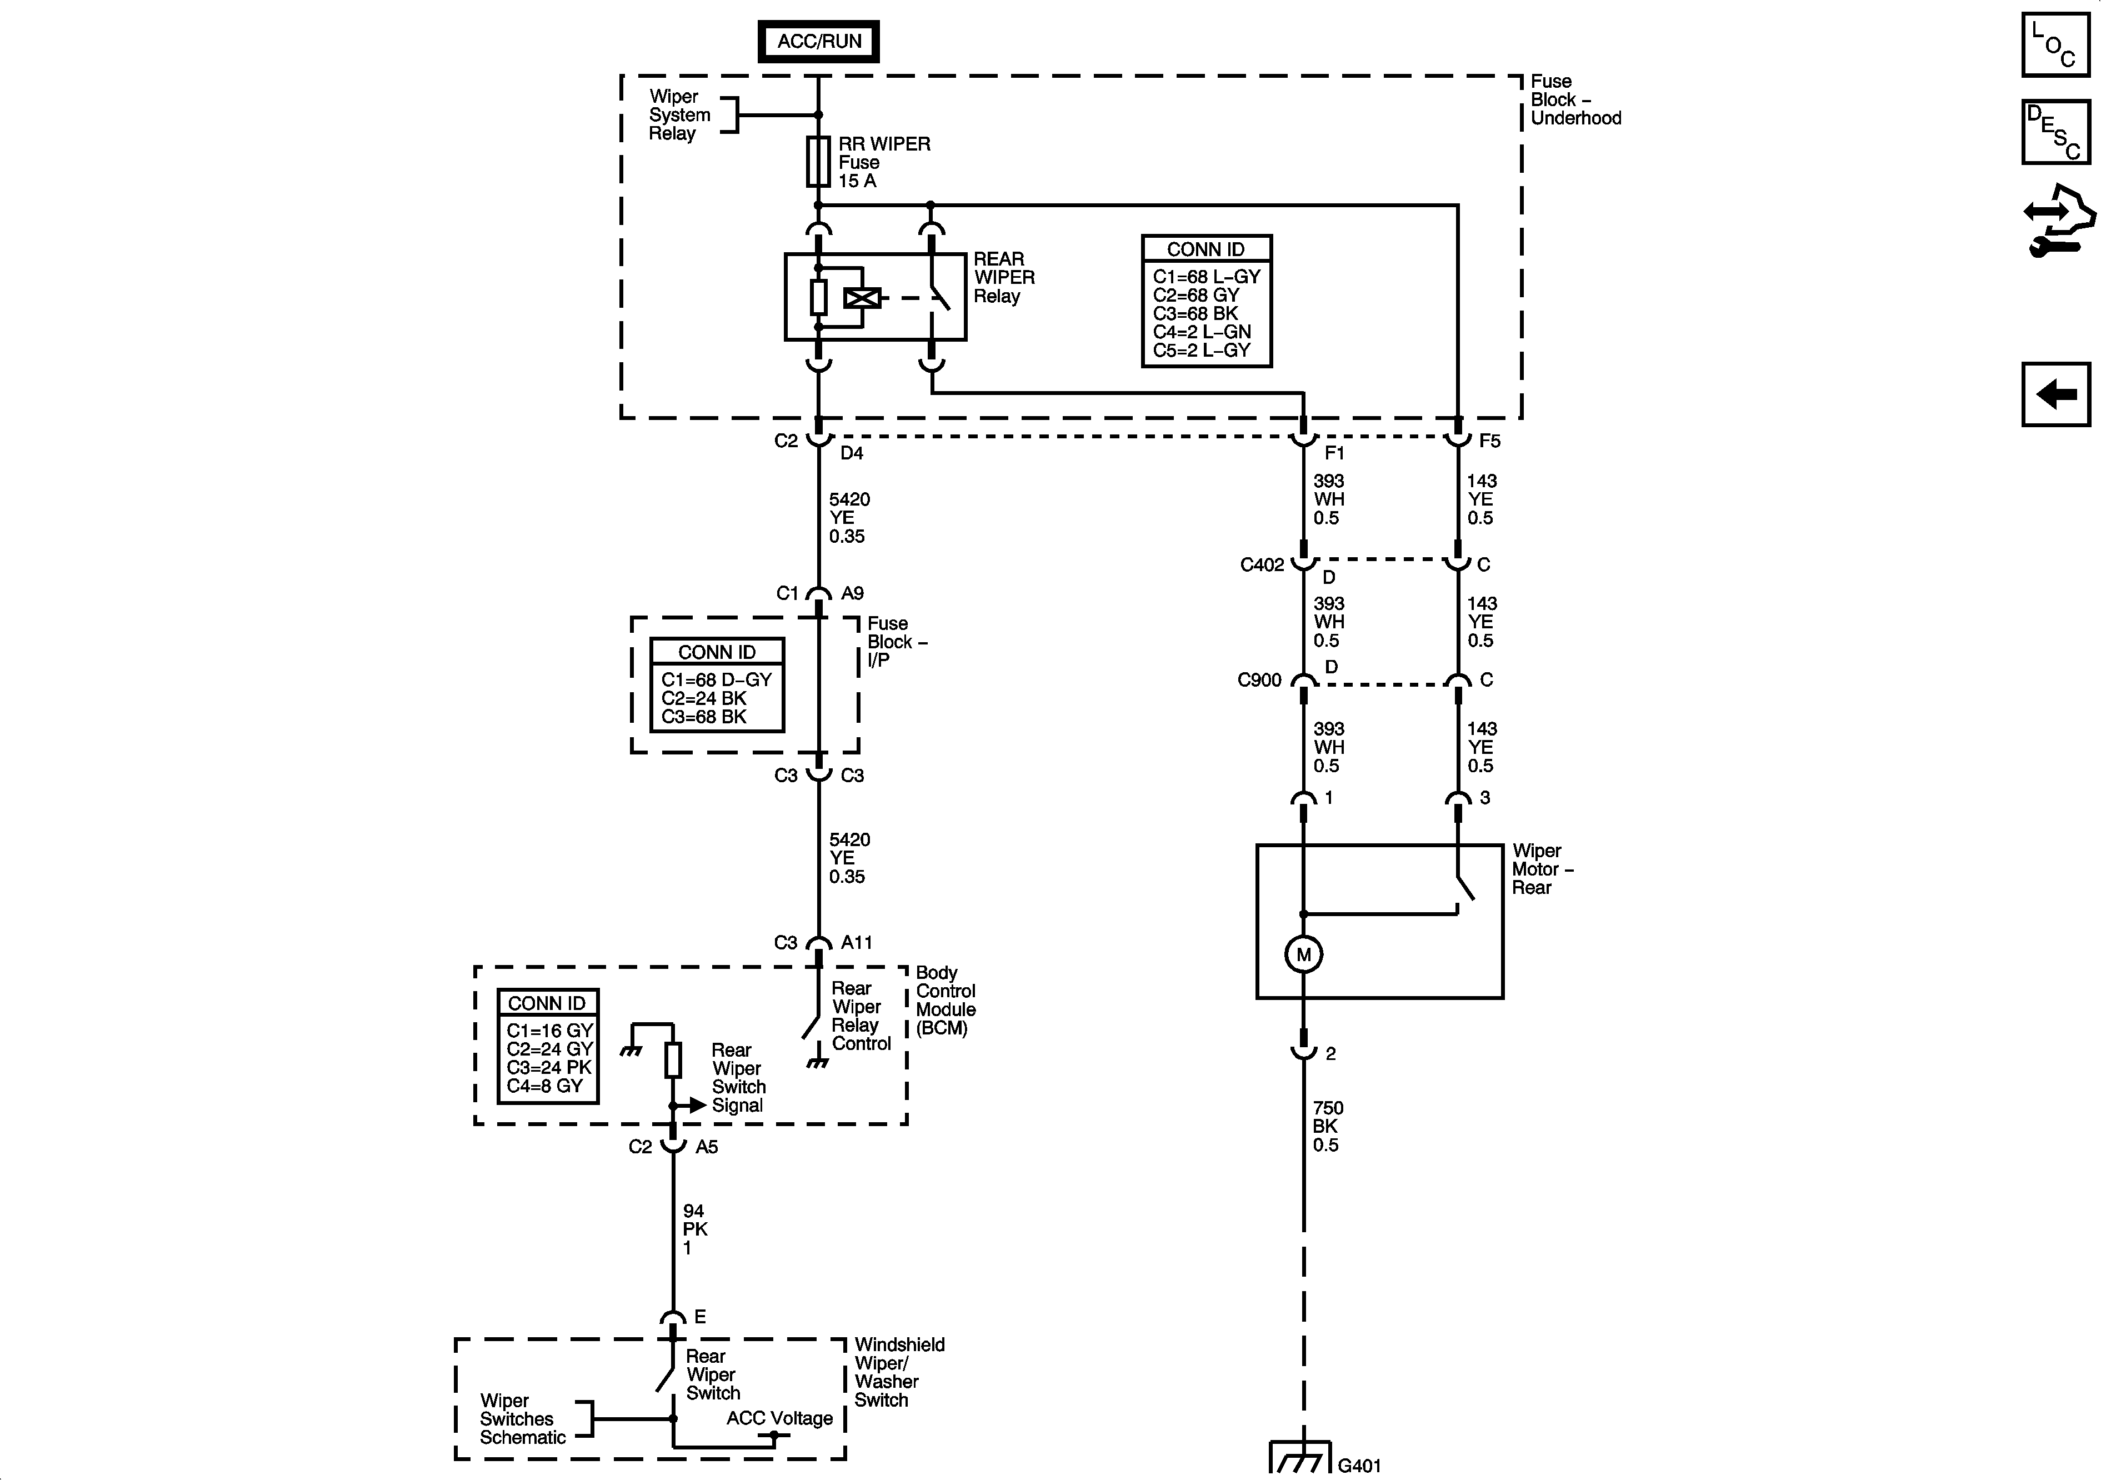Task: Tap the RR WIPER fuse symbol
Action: pyautogui.click(x=818, y=162)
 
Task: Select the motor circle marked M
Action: pyautogui.click(x=1303, y=954)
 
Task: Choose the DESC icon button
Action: pyautogui.click(x=2055, y=132)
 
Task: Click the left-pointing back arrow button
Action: pyautogui.click(x=2055, y=394)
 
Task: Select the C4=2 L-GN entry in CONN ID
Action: pyautogui.click(x=1202, y=331)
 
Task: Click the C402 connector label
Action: pyautogui.click(x=1262, y=565)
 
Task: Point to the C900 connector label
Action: pyautogui.click(x=1259, y=680)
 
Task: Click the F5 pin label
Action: pyautogui.click(x=1490, y=441)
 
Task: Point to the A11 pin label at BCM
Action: pyautogui.click(x=857, y=943)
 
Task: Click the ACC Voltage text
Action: pyautogui.click(x=779, y=1418)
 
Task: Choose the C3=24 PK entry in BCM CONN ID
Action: pyautogui.click(x=549, y=1067)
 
